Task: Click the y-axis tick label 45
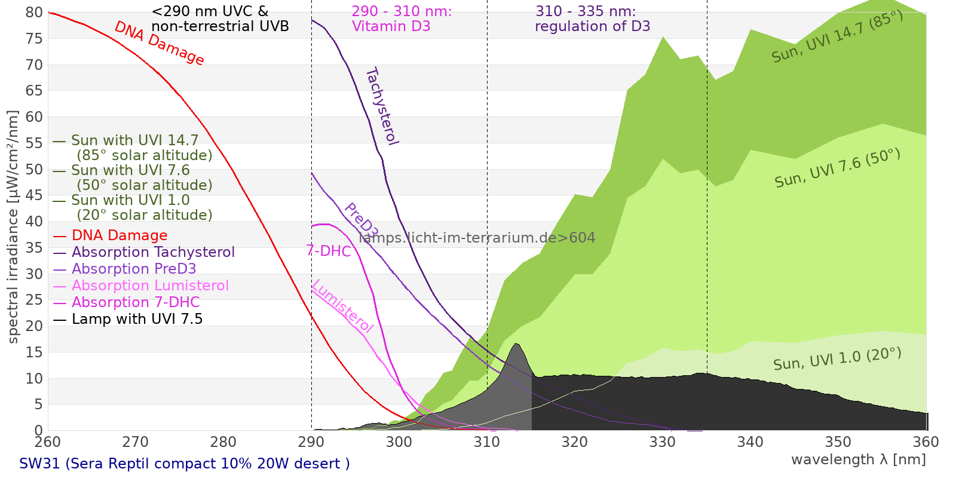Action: point(34,195)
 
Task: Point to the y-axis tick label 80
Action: point(34,13)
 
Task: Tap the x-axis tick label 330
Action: point(662,442)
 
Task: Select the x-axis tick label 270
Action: point(135,442)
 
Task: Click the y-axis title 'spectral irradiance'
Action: point(13,227)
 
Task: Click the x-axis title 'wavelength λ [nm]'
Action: point(858,459)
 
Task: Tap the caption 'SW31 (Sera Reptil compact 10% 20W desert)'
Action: point(184,464)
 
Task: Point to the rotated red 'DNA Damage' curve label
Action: point(159,43)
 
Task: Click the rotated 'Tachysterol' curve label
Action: point(382,106)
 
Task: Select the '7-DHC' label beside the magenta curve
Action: point(329,251)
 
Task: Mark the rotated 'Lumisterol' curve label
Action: point(342,306)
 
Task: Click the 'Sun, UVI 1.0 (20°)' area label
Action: point(836,360)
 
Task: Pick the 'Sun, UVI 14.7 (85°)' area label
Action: point(837,37)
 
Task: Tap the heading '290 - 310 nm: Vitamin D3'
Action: point(401,19)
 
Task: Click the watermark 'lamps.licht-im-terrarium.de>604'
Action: point(477,238)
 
